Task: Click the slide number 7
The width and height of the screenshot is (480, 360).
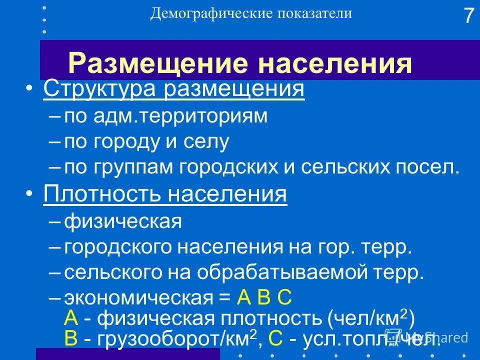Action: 467,16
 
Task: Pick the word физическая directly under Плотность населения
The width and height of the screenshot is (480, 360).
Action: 122,220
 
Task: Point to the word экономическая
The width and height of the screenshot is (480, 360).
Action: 138,299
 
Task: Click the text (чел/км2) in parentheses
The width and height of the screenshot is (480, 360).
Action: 371,318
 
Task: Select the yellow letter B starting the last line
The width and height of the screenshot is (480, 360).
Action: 71,339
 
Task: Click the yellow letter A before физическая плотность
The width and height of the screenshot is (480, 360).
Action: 71,318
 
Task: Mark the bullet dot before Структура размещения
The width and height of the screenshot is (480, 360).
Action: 32,89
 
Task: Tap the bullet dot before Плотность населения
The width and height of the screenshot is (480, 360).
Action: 32,194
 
